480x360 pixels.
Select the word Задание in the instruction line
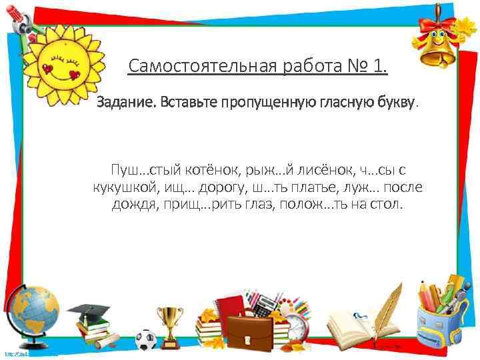click(121, 103)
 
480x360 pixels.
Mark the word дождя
click(133, 203)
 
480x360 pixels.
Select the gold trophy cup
click(170, 321)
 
